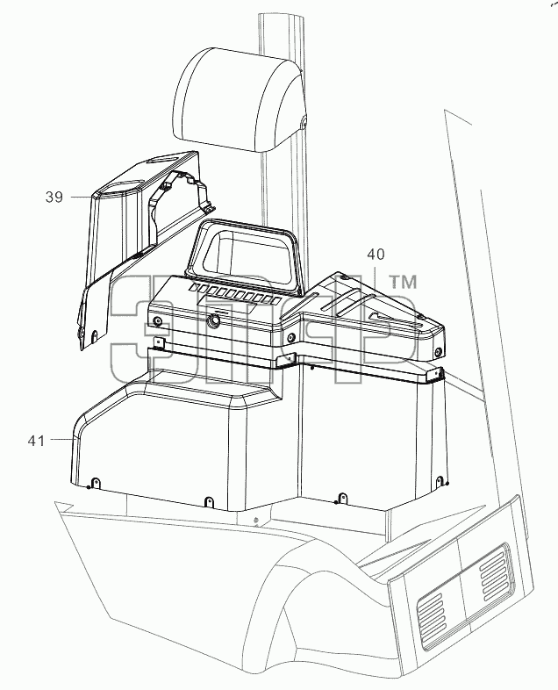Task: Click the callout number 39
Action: coord(54,197)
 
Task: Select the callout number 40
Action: coord(376,254)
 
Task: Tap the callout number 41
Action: coord(36,441)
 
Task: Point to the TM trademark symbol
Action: coord(404,282)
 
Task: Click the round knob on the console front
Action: coord(214,321)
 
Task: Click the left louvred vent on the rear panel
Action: coord(432,615)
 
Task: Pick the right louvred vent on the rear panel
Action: coord(493,571)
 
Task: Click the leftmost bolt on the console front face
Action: coord(157,320)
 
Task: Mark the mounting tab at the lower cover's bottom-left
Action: coord(95,483)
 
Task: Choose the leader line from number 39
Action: coord(82,198)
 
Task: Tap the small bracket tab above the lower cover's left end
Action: coord(158,342)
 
